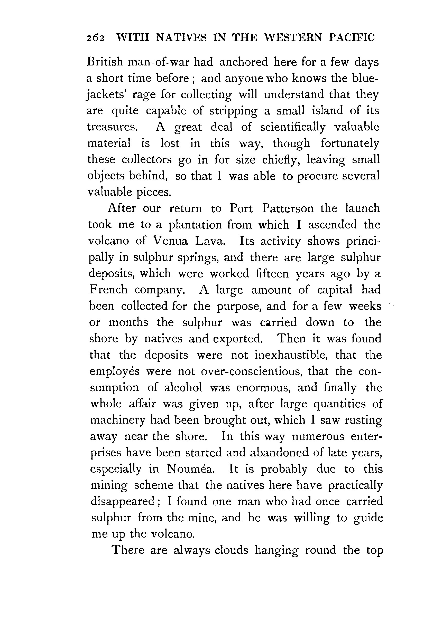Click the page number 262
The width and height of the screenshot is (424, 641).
tap(95, 38)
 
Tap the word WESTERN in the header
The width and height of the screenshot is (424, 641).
tap(293, 37)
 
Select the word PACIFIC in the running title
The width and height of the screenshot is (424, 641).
tap(352, 37)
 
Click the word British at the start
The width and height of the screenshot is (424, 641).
tap(105, 62)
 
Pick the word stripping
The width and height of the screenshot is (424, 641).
tap(233, 111)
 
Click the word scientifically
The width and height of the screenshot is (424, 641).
tap(293, 127)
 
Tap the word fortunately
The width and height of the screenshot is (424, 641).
tap(350, 143)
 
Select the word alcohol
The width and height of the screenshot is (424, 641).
tap(183, 388)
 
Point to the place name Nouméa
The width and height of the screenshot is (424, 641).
tap(191, 469)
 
